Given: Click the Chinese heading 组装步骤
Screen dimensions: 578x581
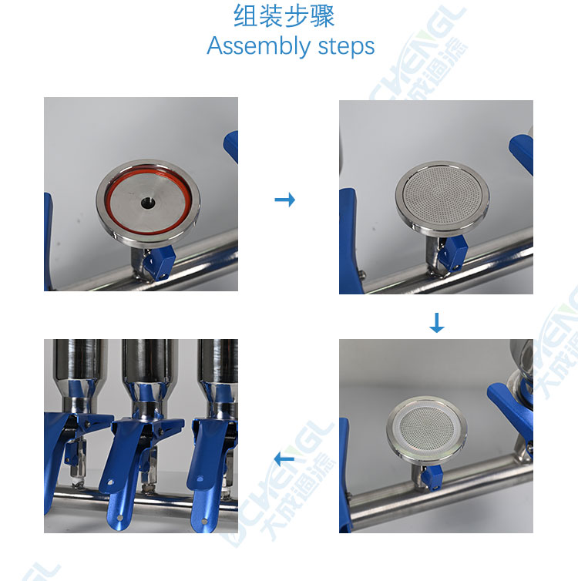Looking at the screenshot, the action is coord(284,16).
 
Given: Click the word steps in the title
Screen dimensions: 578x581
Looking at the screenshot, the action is coord(346,47).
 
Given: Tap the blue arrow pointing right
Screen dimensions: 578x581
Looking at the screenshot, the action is coord(285,200).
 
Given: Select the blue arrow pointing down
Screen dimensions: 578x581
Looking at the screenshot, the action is coord(436,323).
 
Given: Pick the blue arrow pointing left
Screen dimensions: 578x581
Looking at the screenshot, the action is coord(284,459).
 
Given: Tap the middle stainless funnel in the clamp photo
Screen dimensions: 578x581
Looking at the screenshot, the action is coord(150,371).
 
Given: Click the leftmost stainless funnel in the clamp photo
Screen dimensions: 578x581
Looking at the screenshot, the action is coord(79,371).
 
